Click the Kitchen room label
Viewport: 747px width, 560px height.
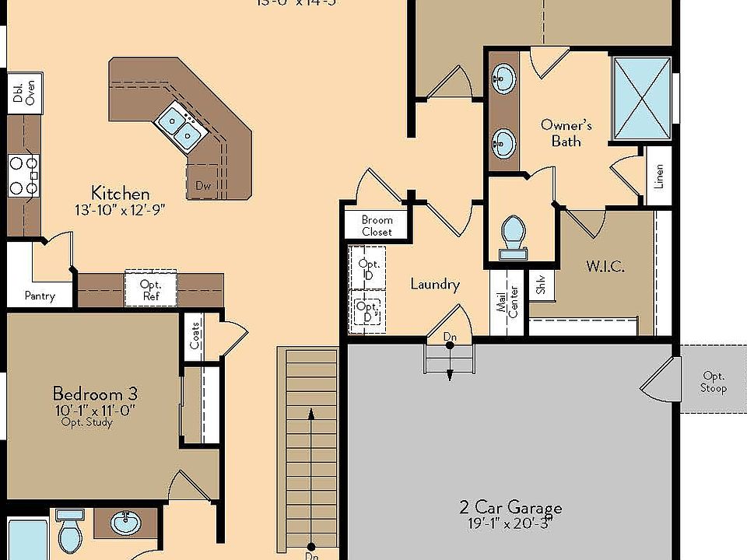coord(120,193)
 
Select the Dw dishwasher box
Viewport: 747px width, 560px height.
coord(203,185)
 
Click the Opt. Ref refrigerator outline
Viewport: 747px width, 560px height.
coord(150,289)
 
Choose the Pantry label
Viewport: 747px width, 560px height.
coord(39,296)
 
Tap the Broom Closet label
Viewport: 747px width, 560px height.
coord(377,226)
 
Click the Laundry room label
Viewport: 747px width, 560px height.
coord(435,284)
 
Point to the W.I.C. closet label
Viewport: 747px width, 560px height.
coord(605,266)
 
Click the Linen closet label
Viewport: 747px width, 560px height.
coord(659,177)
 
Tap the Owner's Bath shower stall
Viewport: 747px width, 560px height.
coord(641,99)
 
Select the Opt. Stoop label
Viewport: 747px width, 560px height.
coord(713,382)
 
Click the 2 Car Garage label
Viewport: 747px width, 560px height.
coord(510,509)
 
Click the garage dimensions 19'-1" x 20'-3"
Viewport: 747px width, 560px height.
coord(510,525)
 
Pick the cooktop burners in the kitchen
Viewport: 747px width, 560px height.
coord(23,175)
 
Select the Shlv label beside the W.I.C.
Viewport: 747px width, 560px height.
coord(540,286)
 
